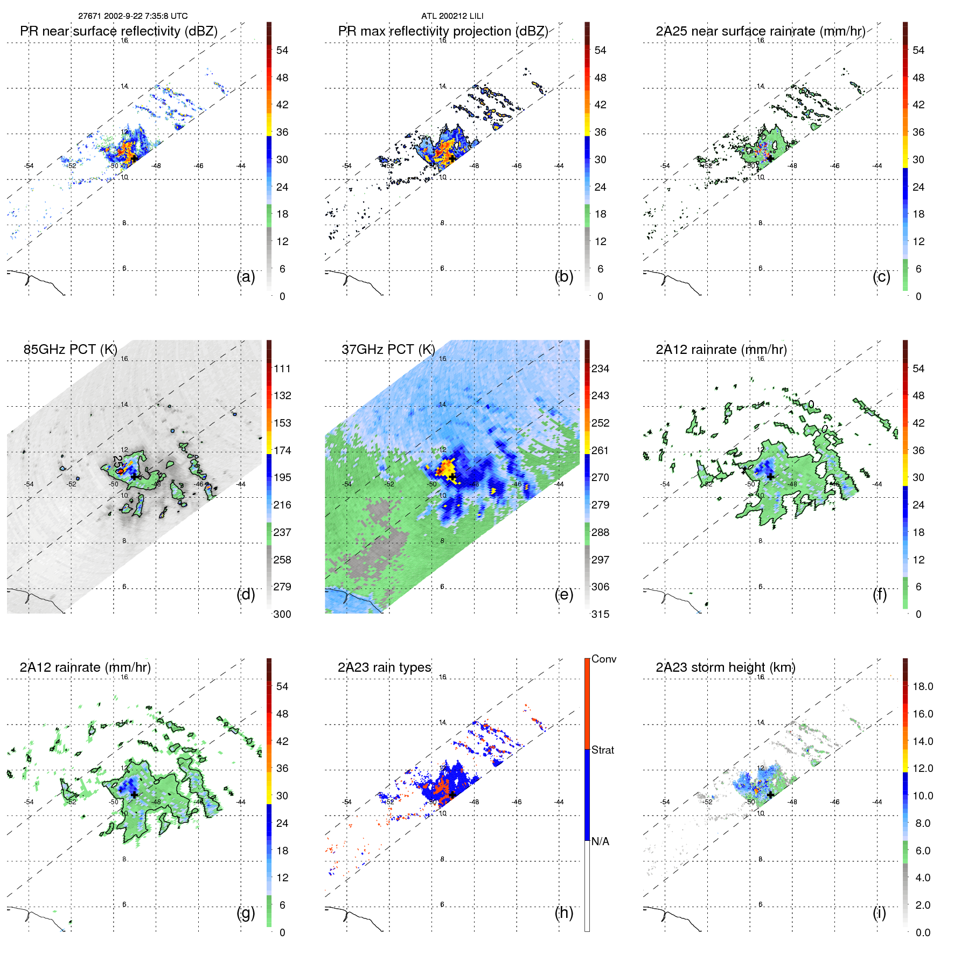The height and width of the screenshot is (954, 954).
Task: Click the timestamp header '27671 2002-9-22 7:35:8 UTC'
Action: (x=133, y=16)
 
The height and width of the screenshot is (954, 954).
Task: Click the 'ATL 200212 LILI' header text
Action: (x=452, y=16)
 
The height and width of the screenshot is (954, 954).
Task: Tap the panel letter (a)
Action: (x=246, y=277)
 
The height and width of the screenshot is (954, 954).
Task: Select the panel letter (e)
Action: (x=563, y=595)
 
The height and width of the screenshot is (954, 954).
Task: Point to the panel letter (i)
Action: (x=879, y=913)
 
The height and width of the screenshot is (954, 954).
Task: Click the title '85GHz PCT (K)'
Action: (x=70, y=350)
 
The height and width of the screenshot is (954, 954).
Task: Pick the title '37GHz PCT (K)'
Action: (x=388, y=350)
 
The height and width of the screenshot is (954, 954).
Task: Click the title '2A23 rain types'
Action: (x=384, y=667)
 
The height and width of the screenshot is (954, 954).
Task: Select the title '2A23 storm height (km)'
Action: (x=725, y=667)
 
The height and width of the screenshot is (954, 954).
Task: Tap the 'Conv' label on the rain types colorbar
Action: (x=603, y=659)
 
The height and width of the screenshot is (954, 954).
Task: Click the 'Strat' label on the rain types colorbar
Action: (x=602, y=750)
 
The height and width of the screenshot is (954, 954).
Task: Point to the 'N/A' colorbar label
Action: (x=600, y=841)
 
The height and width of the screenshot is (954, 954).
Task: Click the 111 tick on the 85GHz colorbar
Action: (x=282, y=369)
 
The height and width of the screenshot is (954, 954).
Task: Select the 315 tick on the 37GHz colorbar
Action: (x=600, y=615)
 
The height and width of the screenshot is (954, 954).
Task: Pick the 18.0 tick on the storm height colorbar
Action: (x=922, y=687)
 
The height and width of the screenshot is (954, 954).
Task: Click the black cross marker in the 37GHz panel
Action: (x=452, y=477)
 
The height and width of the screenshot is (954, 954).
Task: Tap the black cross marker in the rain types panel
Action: (x=452, y=795)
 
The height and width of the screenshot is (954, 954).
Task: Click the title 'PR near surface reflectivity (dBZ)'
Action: (x=119, y=31)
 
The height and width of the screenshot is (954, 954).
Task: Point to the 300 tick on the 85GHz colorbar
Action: (x=282, y=615)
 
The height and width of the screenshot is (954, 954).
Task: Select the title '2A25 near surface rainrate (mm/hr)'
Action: (x=760, y=31)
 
